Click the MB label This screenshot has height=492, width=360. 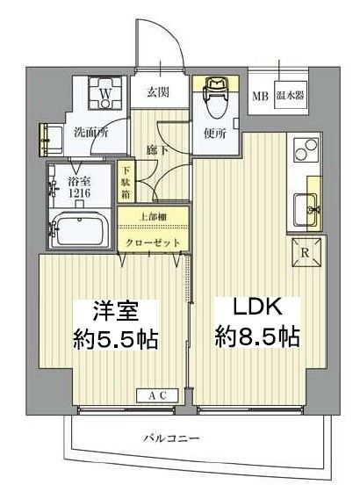coord(263,96)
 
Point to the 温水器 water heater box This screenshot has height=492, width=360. coord(290,96)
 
